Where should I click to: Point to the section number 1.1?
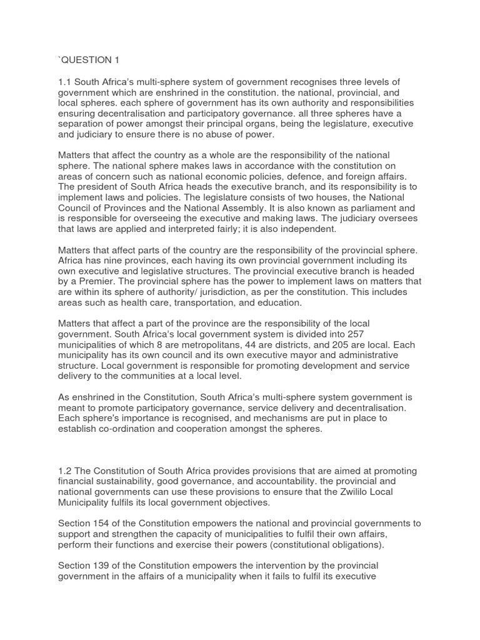[x=65, y=82]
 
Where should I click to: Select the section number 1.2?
[x=65, y=471]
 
